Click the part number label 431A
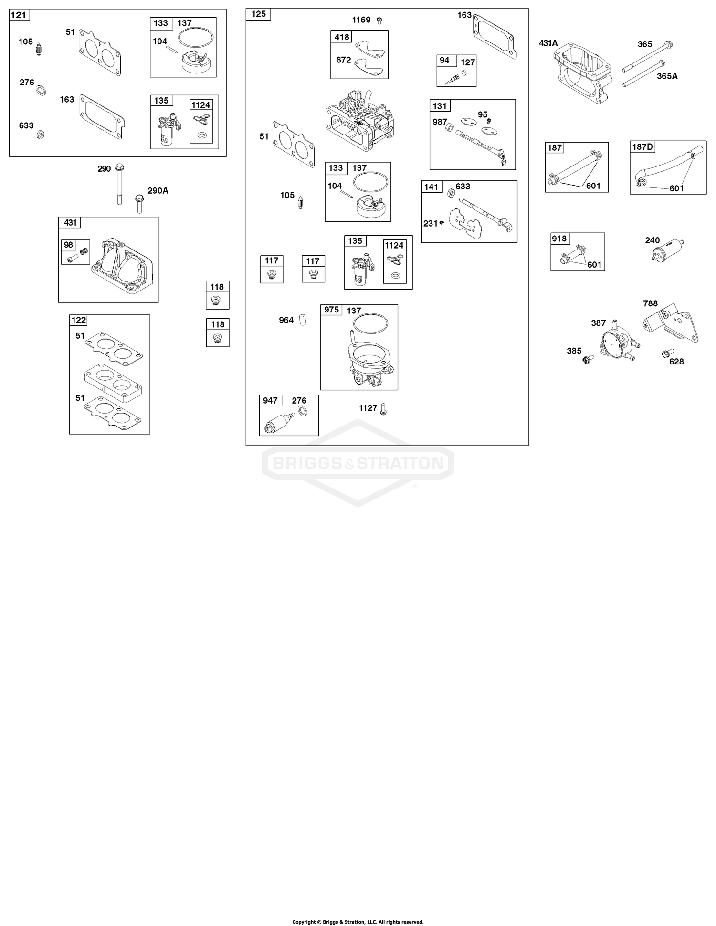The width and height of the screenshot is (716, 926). point(548,43)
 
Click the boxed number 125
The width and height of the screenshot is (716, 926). point(258,14)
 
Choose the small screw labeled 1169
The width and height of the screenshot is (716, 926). point(379,21)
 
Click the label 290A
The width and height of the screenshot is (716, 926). point(158,191)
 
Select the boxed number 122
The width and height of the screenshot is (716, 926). point(78,320)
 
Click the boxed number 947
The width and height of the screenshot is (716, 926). point(270,401)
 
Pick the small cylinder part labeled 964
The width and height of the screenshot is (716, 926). point(302,320)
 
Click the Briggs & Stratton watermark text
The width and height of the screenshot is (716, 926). point(358,463)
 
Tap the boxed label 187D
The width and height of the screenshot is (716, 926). point(642,147)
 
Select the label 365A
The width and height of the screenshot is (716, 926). point(667,76)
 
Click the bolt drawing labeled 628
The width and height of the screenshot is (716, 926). point(665,354)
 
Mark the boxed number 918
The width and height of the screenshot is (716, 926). point(559,239)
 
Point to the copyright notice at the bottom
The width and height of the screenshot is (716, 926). point(358,921)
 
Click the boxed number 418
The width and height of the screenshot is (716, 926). point(342,37)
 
